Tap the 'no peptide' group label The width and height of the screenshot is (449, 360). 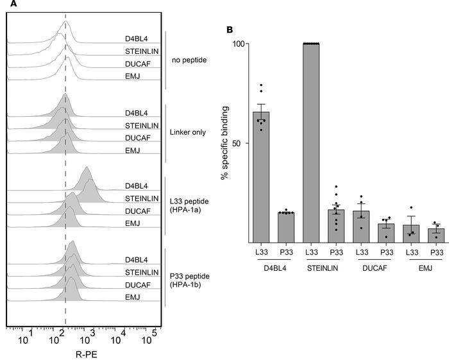187,61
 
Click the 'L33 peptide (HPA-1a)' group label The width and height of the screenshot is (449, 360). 191,207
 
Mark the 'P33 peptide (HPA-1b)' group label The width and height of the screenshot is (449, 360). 191,279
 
